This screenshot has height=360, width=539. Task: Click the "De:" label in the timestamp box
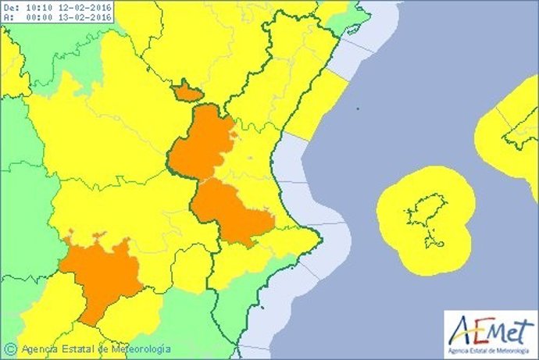[x=11, y=8]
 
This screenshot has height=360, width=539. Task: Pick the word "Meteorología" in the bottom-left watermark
[x=137, y=348]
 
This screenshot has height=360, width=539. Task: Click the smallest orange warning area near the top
[x=187, y=92]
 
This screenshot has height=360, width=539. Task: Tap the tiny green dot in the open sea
[x=356, y=109]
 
